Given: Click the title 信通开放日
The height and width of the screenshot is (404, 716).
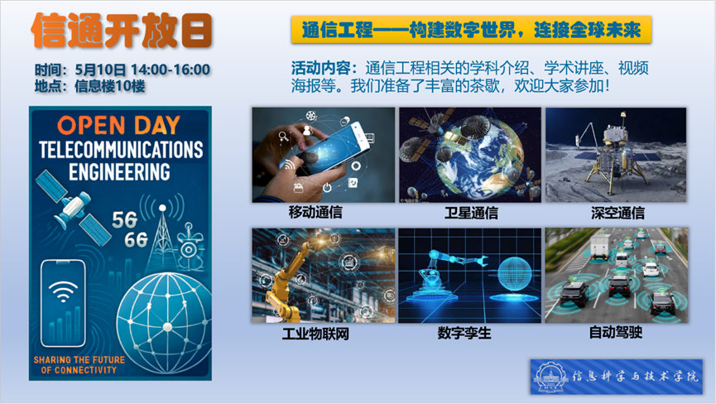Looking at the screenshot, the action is (122, 31).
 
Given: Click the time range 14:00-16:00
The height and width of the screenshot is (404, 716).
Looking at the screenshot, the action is (171, 70).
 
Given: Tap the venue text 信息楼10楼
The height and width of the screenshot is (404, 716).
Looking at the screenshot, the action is (110, 86).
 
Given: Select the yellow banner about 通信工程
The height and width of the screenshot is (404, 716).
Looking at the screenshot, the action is (471, 30).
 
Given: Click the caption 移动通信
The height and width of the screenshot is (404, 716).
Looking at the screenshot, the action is (315, 212).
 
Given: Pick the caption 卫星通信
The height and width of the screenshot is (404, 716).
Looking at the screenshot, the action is (471, 213).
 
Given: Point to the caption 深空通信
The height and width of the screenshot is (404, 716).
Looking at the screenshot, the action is (617, 213).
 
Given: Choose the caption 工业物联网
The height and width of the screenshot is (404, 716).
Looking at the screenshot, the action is (315, 334).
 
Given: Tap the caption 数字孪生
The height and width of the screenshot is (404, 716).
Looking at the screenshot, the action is (464, 333).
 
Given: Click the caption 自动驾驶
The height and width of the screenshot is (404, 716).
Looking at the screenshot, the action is (616, 332).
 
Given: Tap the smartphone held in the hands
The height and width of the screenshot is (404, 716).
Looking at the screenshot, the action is (334, 147).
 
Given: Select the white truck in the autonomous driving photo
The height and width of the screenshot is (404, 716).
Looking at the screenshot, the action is (600, 248).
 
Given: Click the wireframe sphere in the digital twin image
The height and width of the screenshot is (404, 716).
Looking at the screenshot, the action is (515, 274).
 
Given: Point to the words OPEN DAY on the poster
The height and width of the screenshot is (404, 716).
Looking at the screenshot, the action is (118, 126).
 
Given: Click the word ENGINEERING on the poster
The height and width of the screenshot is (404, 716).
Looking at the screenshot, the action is (120, 172).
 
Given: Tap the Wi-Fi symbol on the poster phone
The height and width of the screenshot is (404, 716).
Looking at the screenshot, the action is (64, 291).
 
